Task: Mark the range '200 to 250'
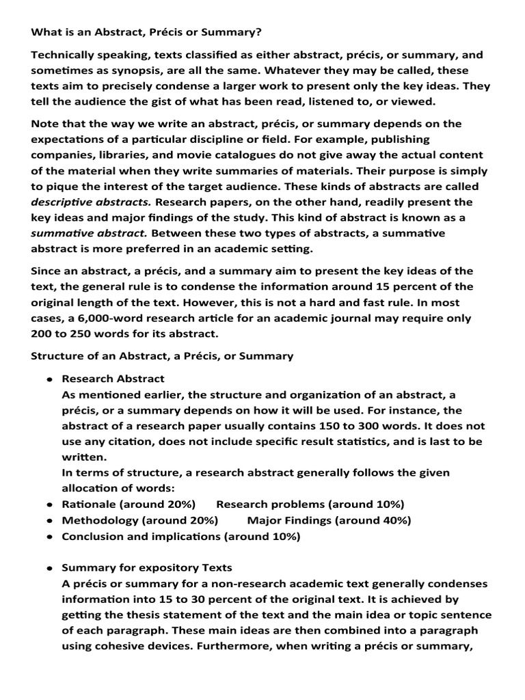[x=64, y=333]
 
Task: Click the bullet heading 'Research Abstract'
[x=113, y=379]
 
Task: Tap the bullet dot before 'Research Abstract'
[x=50, y=379]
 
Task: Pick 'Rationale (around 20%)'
[x=129, y=504]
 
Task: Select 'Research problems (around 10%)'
[x=310, y=504]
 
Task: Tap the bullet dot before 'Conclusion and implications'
[x=50, y=537]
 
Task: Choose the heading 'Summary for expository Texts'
[x=147, y=567]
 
